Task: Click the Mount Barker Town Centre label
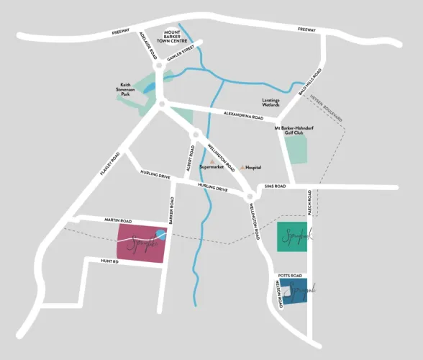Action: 181,36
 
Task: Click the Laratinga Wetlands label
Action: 276,102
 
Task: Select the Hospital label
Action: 253,167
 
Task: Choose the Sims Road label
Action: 276,186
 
